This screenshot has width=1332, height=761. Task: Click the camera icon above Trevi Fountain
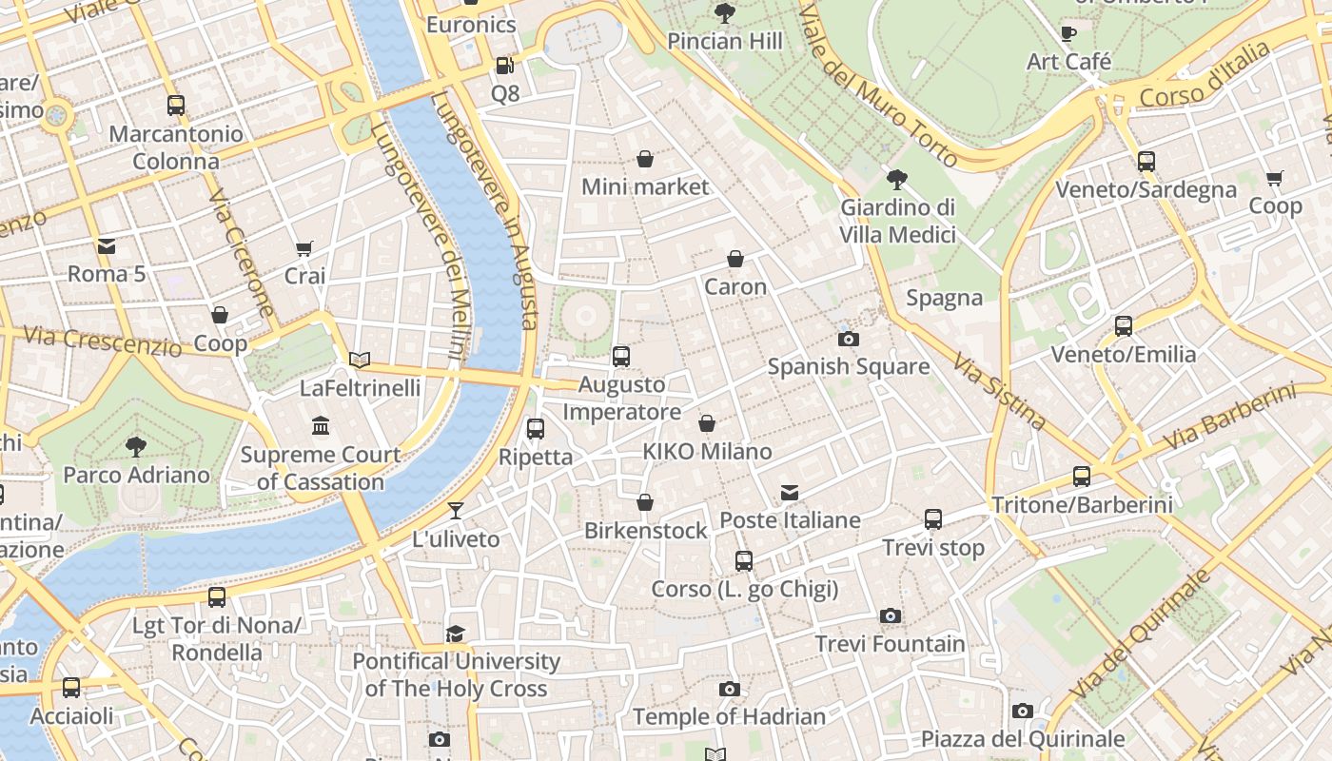pyautogui.click(x=890, y=615)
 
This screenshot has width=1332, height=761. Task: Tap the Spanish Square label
pyautogui.click(x=848, y=366)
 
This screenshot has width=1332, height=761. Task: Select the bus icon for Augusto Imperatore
pyautogui.click(x=621, y=357)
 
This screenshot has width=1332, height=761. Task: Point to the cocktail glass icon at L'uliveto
pyautogui.click(x=456, y=511)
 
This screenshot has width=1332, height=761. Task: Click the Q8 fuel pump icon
pyautogui.click(x=505, y=66)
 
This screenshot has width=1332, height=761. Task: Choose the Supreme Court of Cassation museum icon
pyautogui.click(x=321, y=425)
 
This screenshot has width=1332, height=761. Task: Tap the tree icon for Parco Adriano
pyautogui.click(x=136, y=446)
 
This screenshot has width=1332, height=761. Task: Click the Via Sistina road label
pyautogui.click(x=1000, y=391)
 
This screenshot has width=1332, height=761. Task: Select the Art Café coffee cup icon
pyautogui.click(x=1068, y=34)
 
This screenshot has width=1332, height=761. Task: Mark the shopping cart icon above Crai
pyautogui.click(x=304, y=249)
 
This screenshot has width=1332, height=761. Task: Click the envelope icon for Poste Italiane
pyautogui.click(x=790, y=493)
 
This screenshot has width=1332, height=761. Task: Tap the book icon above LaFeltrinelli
pyautogui.click(x=360, y=360)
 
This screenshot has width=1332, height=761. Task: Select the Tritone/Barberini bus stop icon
pyautogui.click(x=1082, y=477)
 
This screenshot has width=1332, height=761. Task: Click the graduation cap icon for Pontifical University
pyautogui.click(x=456, y=634)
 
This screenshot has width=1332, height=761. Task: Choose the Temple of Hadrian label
pyautogui.click(x=729, y=716)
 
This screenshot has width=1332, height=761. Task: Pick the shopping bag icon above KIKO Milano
pyautogui.click(x=707, y=423)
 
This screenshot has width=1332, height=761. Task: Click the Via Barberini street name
pyautogui.click(x=1229, y=418)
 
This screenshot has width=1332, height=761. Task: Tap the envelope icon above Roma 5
pyautogui.click(x=106, y=246)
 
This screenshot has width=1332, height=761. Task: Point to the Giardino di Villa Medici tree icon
pyautogui.click(x=896, y=179)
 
